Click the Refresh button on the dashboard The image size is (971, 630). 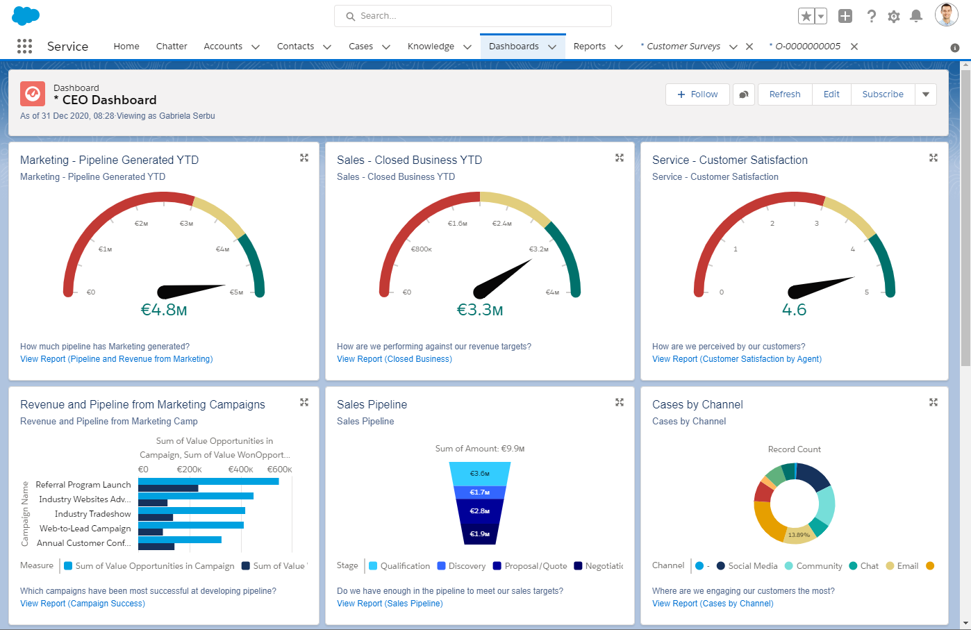[x=784, y=94]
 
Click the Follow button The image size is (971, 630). [x=697, y=94]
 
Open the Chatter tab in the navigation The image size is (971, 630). [x=172, y=47]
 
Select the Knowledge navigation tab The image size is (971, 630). [x=431, y=47]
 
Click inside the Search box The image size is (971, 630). [x=472, y=16]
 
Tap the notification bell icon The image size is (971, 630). [x=916, y=16]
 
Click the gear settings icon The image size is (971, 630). [x=894, y=16]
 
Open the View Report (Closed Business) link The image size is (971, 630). [x=394, y=359]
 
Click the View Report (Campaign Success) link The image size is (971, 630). [x=83, y=604]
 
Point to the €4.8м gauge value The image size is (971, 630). [x=164, y=310]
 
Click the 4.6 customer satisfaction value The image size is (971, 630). [x=794, y=310]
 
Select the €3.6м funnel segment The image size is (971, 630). [x=480, y=474]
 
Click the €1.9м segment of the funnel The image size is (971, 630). [x=480, y=534]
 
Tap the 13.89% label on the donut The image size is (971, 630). [x=799, y=535]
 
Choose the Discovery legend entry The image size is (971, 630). [x=466, y=566]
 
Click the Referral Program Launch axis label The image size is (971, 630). [x=83, y=485]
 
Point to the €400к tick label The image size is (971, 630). [x=240, y=470]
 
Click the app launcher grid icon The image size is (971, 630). [x=24, y=47]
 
